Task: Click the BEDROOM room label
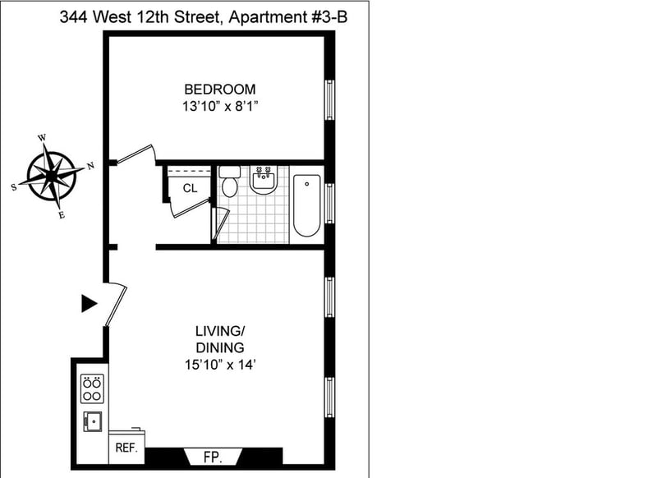point(220,90)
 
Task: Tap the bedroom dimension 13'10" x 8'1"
point(219,107)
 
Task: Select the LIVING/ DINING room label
point(220,339)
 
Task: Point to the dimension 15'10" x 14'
point(220,365)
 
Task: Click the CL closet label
point(190,189)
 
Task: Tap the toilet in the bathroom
point(230,182)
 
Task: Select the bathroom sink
point(263,180)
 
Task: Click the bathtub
point(306,205)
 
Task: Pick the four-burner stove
point(92,388)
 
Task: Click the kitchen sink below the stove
point(93,421)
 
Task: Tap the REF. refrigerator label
point(126,448)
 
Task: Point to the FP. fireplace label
point(213,457)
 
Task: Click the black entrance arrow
point(89,303)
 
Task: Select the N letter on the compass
point(90,167)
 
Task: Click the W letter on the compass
point(42,138)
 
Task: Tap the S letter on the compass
point(14,187)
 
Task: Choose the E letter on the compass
point(62,215)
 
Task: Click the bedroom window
point(330,99)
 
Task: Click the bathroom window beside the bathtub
point(330,203)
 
